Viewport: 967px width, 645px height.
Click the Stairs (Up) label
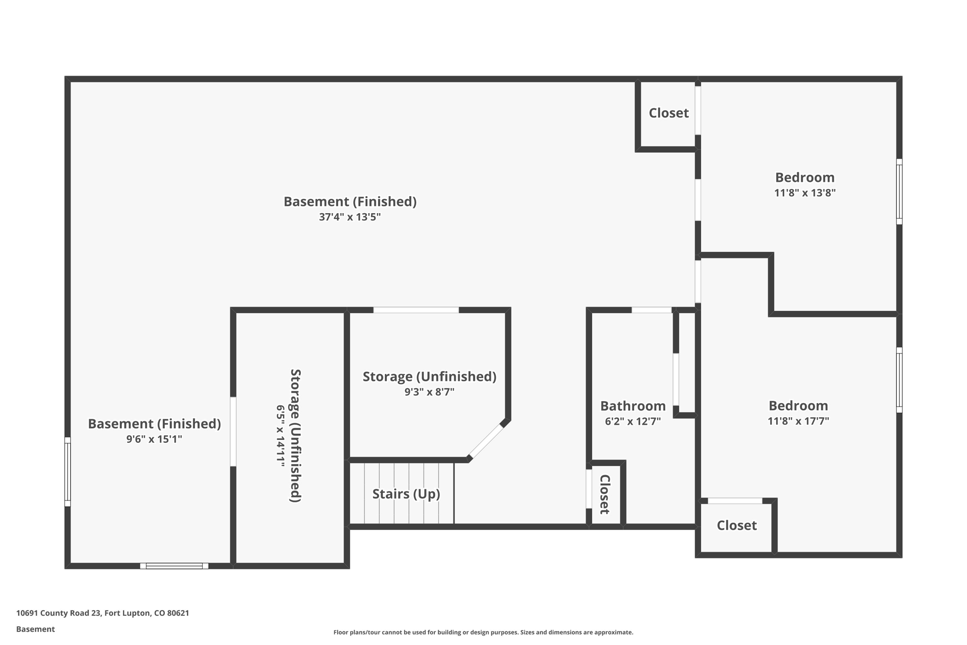pyautogui.click(x=406, y=494)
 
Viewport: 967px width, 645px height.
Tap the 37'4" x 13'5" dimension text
pyautogui.click(x=349, y=217)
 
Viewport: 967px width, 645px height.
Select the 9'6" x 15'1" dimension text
pyautogui.click(x=154, y=439)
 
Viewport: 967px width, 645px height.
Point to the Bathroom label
pyautogui.click(x=633, y=406)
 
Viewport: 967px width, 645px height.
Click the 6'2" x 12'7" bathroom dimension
pyautogui.click(x=633, y=421)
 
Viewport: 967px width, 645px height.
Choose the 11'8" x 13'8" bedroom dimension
pyautogui.click(x=805, y=193)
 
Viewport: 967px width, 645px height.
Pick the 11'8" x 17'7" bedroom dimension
pyautogui.click(x=798, y=421)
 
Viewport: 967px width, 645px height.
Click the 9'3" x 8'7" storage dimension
pyautogui.click(x=429, y=392)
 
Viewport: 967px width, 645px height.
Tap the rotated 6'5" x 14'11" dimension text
pyautogui.click(x=280, y=436)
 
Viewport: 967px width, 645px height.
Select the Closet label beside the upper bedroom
pyautogui.click(x=668, y=113)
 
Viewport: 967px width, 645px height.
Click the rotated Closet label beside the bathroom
pyautogui.click(x=605, y=494)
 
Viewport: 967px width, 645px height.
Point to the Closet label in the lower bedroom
pyautogui.click(x=737, y=525)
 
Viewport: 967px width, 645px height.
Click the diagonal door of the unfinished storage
pyautogui.click(x=486, y=441)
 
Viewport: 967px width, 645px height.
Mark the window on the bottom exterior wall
pyautogui.click(x=174, y=566)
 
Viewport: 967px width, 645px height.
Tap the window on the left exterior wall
pyautogui.click(x=68, y=472)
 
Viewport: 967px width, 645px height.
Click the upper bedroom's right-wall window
pyautogui.click(x=899, y=191)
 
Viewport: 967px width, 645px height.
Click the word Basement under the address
pyautogui.click(x=35, y=629)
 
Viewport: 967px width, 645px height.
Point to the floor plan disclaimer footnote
pyautogui.click(x=483, y=632)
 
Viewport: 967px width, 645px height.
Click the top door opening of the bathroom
pyautogui.click(x=651, y=310)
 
